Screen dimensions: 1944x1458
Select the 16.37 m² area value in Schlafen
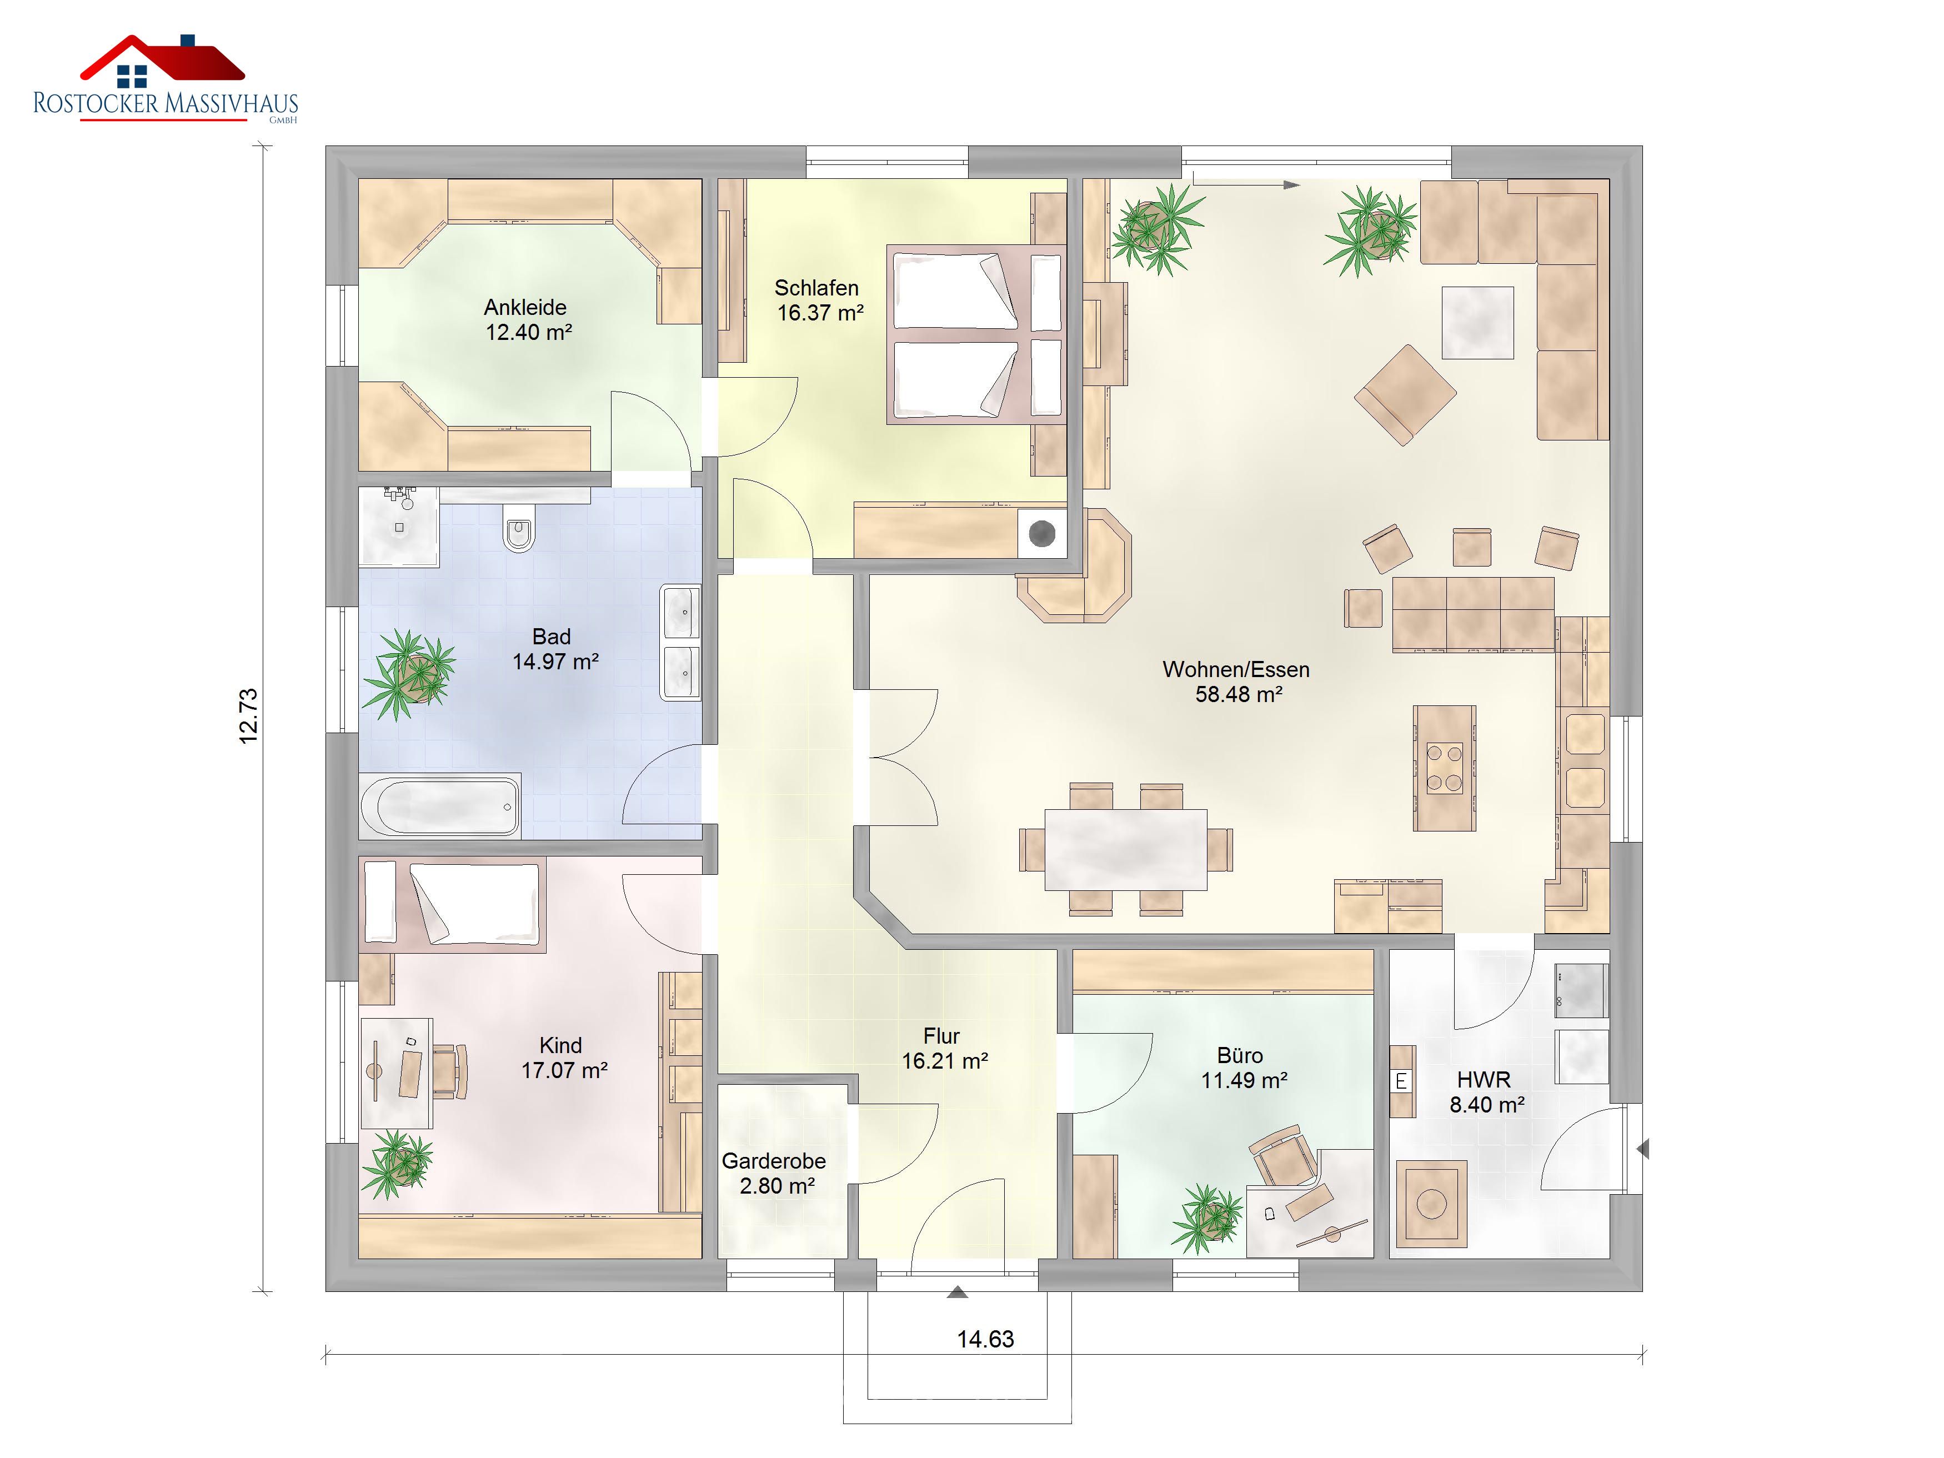[820, 313]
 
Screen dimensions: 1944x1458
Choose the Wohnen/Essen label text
[1236, 670]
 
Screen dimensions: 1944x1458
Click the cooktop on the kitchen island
[1444, 768]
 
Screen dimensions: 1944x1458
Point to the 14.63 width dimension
[985, 1339]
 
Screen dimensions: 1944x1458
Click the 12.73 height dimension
[249, 717]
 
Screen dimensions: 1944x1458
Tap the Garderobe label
[773, 1161]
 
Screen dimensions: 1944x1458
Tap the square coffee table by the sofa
[1477, 323]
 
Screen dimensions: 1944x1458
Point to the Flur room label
[941, 1036]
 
